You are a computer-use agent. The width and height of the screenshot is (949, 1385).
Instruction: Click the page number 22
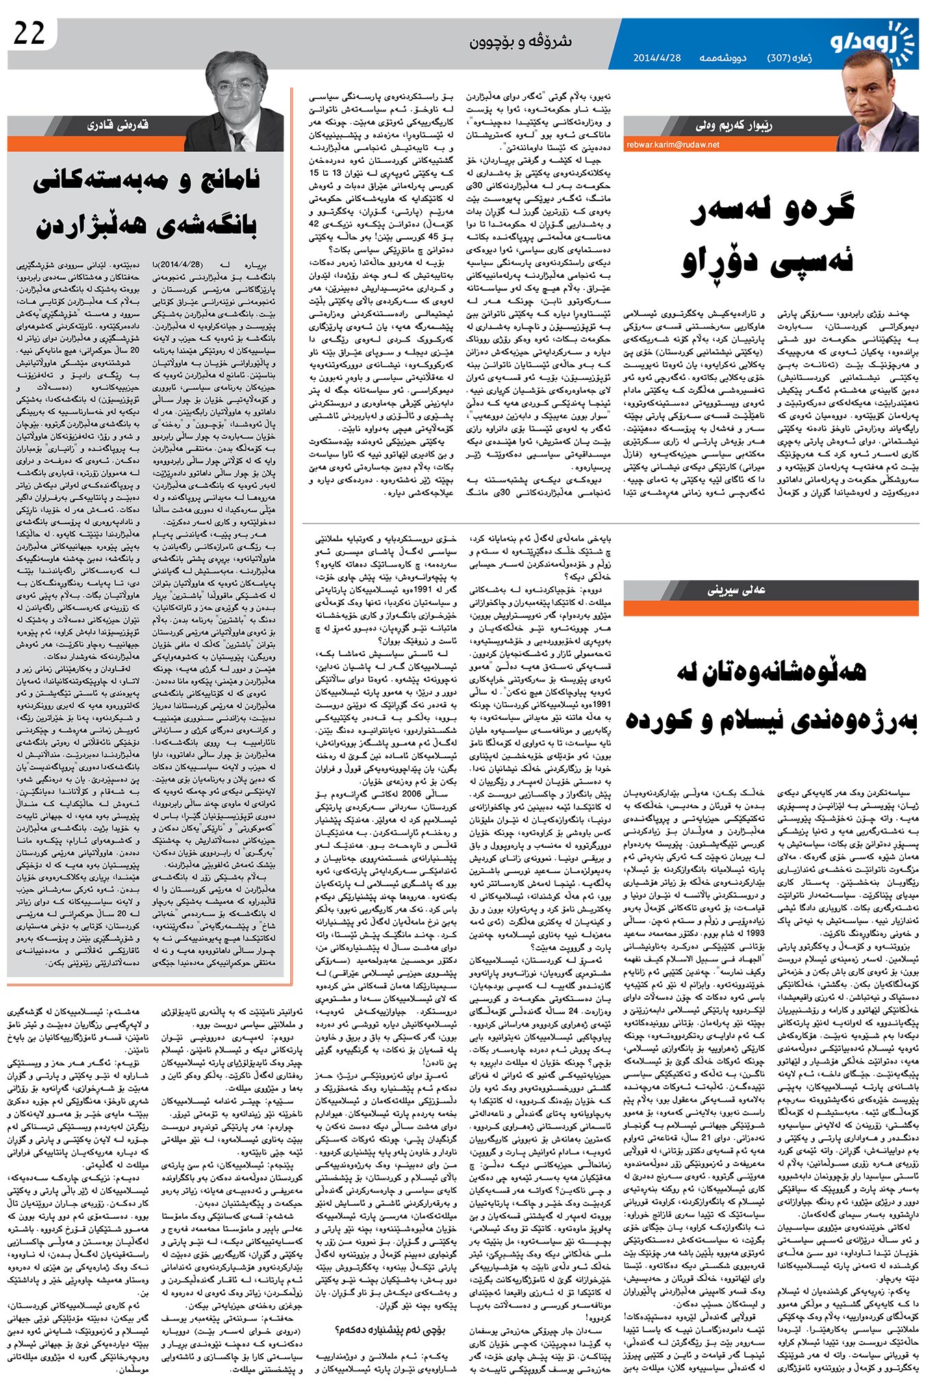[x=29, y=34]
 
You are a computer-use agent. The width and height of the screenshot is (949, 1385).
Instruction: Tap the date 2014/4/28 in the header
[x=657, y=57]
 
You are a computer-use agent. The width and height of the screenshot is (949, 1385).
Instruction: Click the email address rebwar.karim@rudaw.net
[x=672, y=144]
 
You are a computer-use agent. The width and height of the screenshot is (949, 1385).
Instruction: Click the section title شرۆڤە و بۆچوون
[x=520, y=42]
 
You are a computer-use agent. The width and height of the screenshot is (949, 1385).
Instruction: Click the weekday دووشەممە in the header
[x=722, y=57]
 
